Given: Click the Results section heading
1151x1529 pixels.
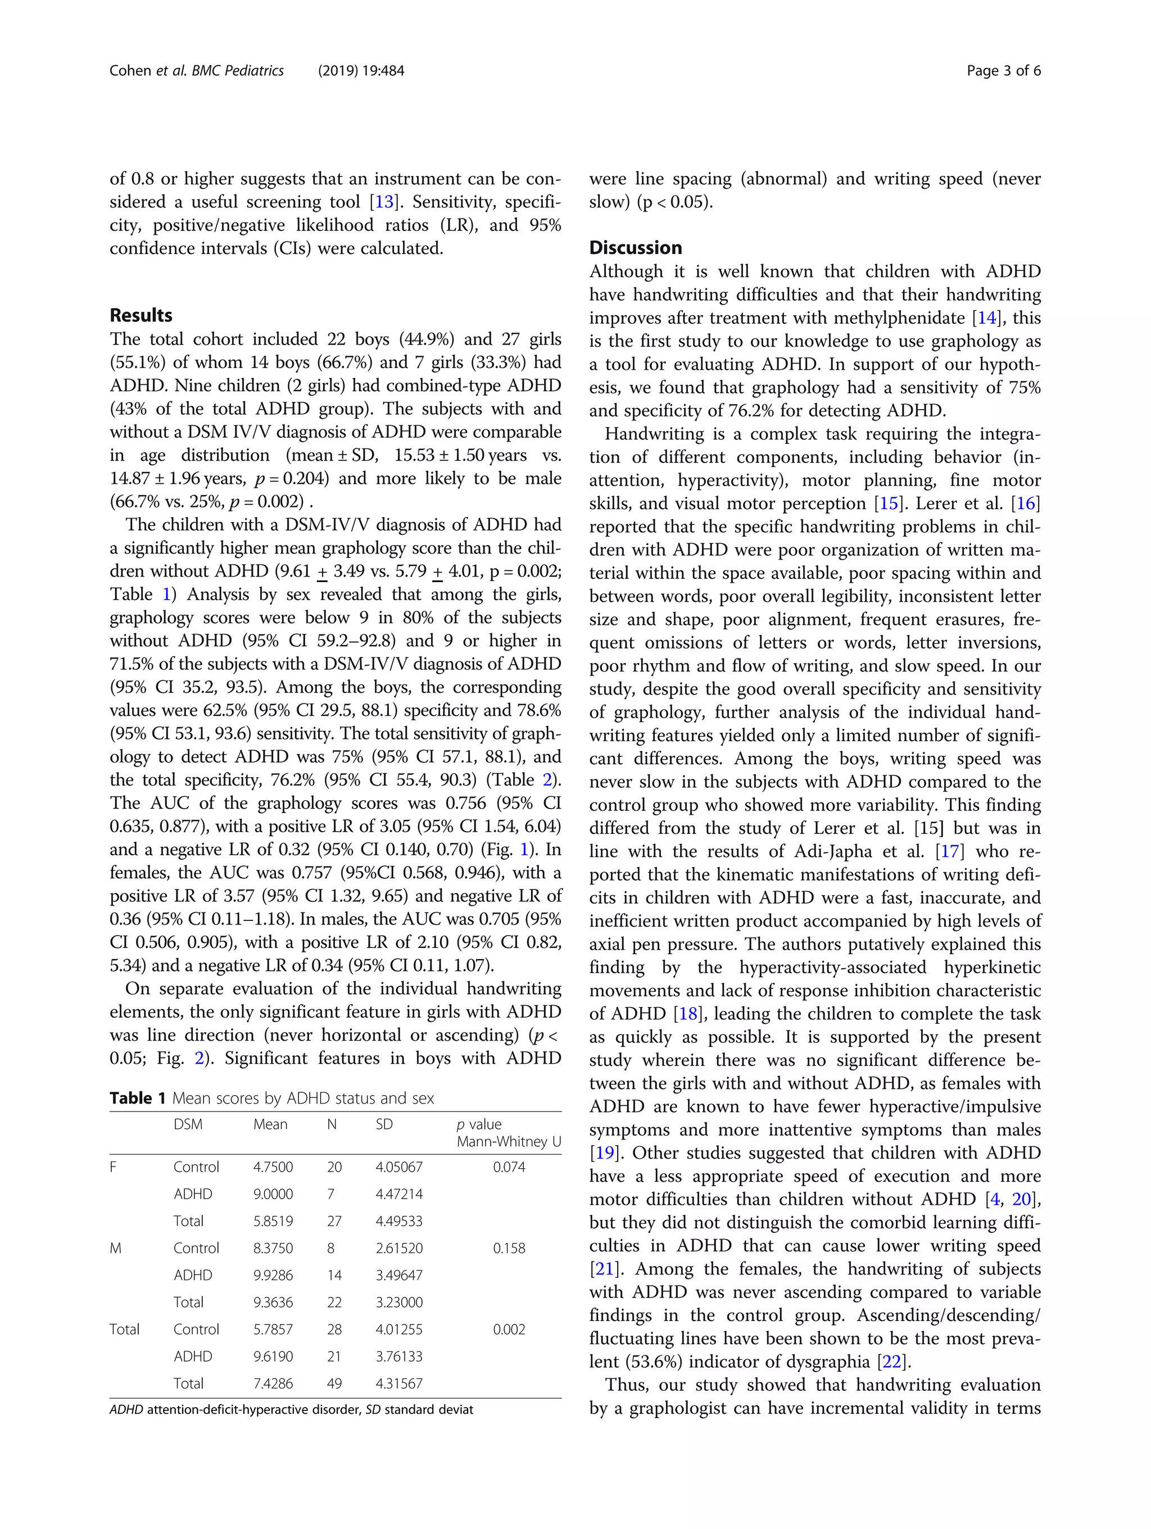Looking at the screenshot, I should click(141, 315).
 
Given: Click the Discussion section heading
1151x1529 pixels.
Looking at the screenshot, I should click(635, 247).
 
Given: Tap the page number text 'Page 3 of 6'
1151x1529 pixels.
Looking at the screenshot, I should click(1003, 70).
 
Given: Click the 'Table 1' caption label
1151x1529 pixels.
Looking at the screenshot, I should click(138, 1099).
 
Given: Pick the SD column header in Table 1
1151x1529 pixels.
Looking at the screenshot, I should click(384, 1124).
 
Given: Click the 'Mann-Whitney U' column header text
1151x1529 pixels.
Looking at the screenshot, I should click(508, 1142).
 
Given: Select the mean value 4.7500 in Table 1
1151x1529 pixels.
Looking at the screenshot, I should click(273, 1167).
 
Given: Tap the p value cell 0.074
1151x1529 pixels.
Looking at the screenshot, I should click(509, 1167).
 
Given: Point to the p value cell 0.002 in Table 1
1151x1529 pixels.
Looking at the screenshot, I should click(509, 1329).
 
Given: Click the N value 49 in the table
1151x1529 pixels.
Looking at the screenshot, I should click(334, 1383).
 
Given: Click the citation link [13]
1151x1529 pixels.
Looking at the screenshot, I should click(384, 202).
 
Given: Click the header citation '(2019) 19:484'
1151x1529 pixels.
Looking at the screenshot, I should click(361, 70).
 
